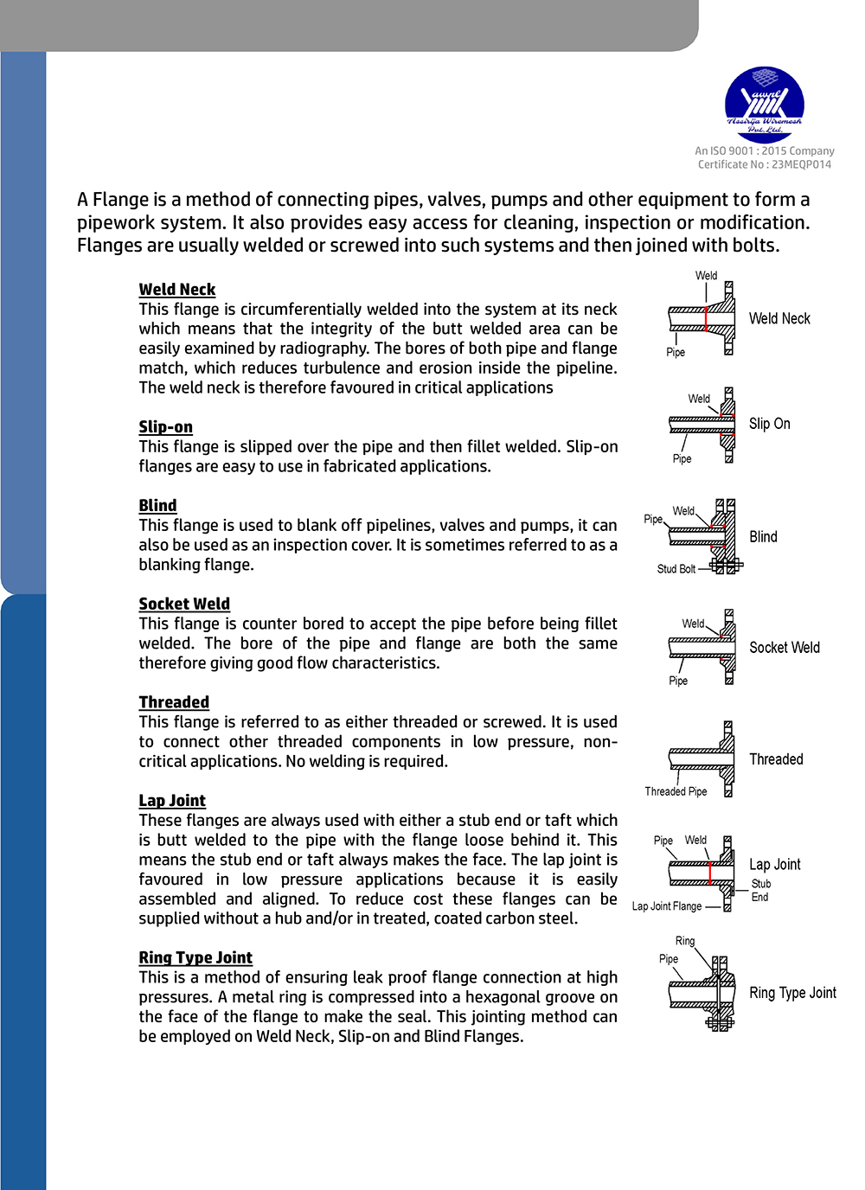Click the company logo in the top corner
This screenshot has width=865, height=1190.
764,104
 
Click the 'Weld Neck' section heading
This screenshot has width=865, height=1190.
177,290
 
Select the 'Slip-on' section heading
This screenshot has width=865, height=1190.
166,427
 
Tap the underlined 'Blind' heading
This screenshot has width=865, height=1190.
157,506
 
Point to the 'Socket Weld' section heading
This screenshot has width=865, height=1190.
184,605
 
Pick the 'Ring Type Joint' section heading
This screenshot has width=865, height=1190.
195,958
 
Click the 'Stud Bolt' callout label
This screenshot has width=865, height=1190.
676,569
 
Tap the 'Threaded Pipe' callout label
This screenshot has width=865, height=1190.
676,791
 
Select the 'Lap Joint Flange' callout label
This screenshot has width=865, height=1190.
666,906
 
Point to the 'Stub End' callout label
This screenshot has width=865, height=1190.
760,891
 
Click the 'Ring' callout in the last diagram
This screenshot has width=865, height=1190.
685,941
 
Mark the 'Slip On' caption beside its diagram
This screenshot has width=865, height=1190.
769,424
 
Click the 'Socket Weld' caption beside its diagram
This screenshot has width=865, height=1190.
784,648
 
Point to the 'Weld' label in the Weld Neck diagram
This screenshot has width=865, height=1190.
706,276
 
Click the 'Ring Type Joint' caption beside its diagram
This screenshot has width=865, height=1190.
792,993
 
